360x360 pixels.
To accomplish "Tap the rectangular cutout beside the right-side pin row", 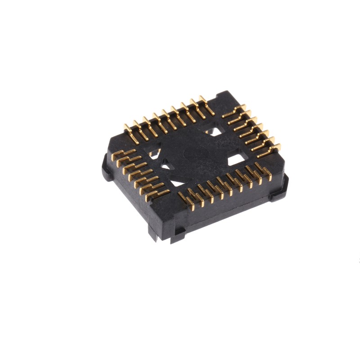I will point(236,160).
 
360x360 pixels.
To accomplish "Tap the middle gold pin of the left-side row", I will point(139,173).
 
